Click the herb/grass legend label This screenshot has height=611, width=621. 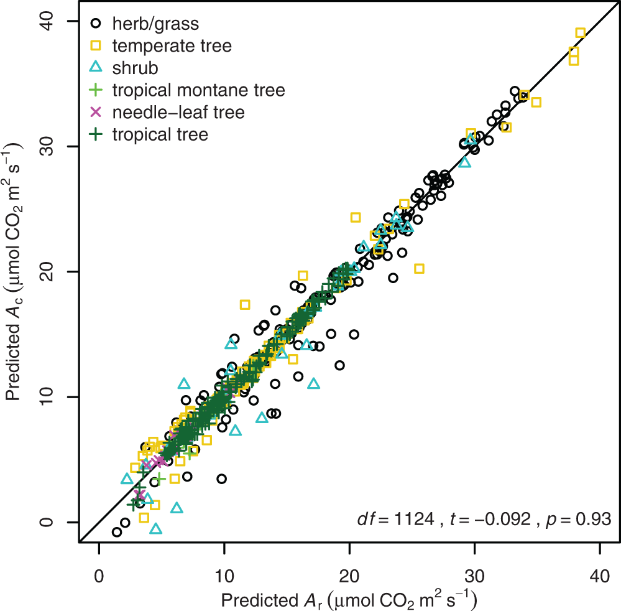156,24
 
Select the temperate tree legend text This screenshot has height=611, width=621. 172,46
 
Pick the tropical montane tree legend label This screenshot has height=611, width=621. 198,90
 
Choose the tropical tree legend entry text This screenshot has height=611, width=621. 160,134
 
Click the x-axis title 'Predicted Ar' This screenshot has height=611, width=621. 348,599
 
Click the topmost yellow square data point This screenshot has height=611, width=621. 580,33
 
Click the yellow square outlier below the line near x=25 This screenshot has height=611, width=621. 419,269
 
